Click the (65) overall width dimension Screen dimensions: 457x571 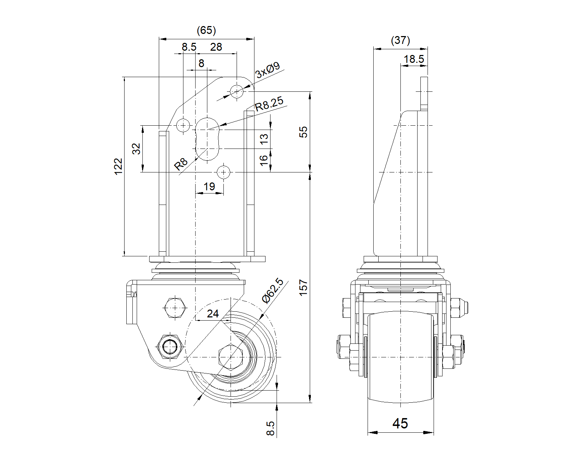206,31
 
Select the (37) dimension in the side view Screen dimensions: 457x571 400,40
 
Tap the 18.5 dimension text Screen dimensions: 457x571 414,59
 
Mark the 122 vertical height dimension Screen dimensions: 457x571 118,166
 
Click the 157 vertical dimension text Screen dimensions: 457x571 303,287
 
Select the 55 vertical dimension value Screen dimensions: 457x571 303,132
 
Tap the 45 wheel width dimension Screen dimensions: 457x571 400,423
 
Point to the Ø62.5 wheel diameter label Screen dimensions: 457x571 272,291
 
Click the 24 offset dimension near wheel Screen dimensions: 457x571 213,313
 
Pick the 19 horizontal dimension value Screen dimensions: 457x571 209,186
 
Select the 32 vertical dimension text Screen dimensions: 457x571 136,149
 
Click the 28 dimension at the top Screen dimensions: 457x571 216,47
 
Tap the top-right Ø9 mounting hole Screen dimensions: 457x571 237,91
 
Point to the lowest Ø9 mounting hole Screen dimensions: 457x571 224,172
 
